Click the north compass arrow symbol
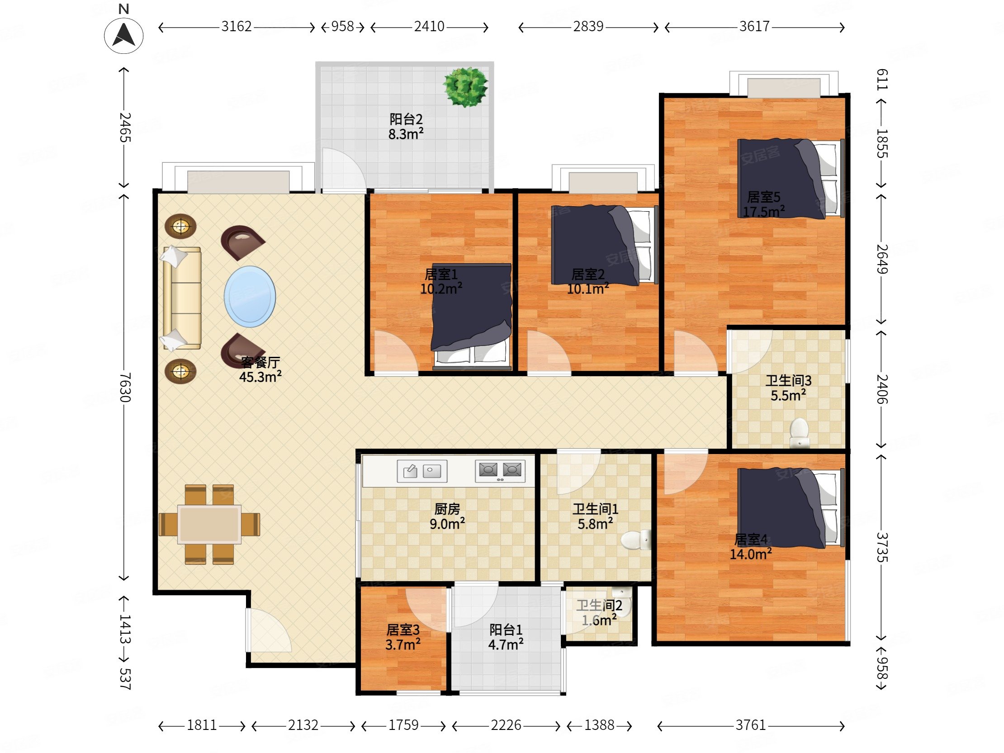(123, 35)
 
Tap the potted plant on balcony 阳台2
(465, 87)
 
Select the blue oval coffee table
(250, 296)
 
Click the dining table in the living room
(210, 524)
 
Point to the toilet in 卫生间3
(799, 433)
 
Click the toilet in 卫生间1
(636, 540)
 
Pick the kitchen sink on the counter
(422, 471)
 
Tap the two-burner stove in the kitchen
(500, 471)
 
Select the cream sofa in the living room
(181, 298)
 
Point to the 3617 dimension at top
(754, 26)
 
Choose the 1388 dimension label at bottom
(599, 725)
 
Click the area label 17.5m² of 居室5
(764, 212)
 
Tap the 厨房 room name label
(447, 509)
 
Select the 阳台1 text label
(506, 630)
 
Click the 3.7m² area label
(403, 644)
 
